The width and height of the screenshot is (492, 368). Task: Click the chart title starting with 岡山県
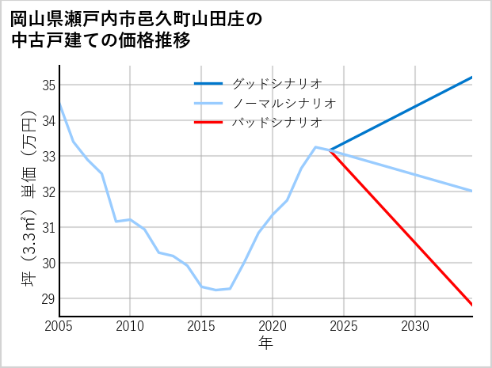click(135, 28)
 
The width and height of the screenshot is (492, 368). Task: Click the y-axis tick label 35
click(48, 85)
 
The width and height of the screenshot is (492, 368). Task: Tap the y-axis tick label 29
click(48, 298)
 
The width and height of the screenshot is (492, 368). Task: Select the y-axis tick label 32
click(48, 192)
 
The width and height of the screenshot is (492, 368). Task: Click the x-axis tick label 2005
click(59, 326)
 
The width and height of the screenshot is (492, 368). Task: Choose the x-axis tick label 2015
click(201, 326)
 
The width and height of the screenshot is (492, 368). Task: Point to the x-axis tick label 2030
click(415, 326)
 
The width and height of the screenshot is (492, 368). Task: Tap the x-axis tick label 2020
click(273, 326)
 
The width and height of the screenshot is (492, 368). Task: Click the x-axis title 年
click(265, 343)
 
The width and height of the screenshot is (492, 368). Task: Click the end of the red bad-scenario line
click(472, 305)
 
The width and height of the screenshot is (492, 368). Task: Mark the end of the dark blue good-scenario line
click(472, 78)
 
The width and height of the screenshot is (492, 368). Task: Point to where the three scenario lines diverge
click(330, 150)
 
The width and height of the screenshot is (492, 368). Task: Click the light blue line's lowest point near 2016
click(215, 290)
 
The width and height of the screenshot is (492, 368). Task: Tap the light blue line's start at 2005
click(59, 103)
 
